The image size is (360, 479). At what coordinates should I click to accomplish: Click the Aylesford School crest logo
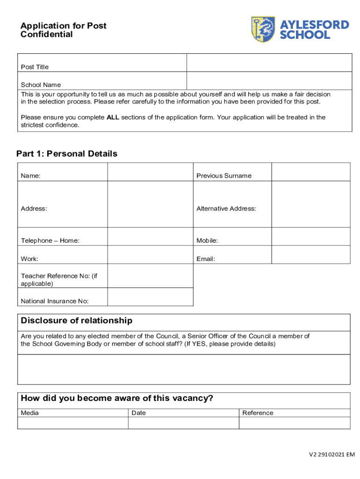click(263, 29)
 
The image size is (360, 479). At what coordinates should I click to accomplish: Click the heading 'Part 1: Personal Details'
click(67, 154)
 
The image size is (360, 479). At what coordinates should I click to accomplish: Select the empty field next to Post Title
click(269, 63)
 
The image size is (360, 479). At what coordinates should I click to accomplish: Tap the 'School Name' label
click(41, 85)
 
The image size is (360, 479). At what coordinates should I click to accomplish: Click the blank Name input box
click(150, 172)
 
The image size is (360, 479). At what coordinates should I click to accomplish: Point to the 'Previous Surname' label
click(223, 176)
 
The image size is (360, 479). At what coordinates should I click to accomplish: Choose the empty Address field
click(150, 204)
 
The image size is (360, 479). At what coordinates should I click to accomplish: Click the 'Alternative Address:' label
click(226, 209)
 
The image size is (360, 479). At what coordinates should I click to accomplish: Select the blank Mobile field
click(310, 236)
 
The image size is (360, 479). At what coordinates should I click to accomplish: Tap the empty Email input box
click(310, 254)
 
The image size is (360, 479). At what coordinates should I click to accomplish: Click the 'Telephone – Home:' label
click(50, 240)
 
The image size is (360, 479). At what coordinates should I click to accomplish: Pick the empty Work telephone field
click(150, 254)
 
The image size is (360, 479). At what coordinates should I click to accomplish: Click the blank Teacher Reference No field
click(150, 276)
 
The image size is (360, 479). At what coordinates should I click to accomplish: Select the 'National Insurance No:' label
click(55, 301)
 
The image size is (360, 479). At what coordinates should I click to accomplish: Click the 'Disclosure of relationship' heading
click(77, 321)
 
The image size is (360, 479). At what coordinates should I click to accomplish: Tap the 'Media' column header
click(30, 413)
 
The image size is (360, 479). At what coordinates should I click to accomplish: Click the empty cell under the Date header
click(183, 423)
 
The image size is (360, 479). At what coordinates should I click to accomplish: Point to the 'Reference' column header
click(258, 413)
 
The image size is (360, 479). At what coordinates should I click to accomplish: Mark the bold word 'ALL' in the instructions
click(113, 117)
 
